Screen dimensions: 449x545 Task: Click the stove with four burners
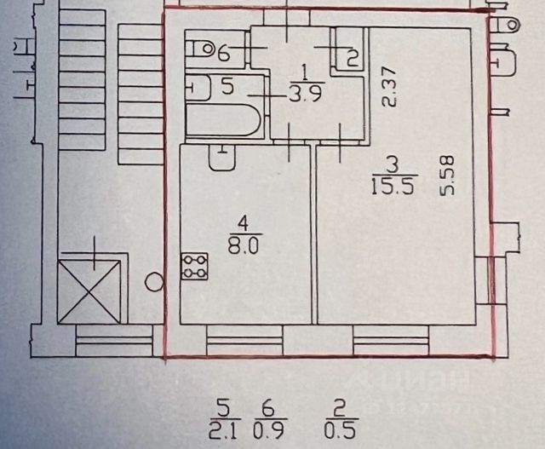pos(194,266)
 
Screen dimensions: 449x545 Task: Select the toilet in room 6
pos(201,50)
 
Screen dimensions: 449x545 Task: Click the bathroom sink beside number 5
pos(197,86)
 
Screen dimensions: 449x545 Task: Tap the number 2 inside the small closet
pos(352,58)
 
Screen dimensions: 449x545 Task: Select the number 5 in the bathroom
pos(227,85)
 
